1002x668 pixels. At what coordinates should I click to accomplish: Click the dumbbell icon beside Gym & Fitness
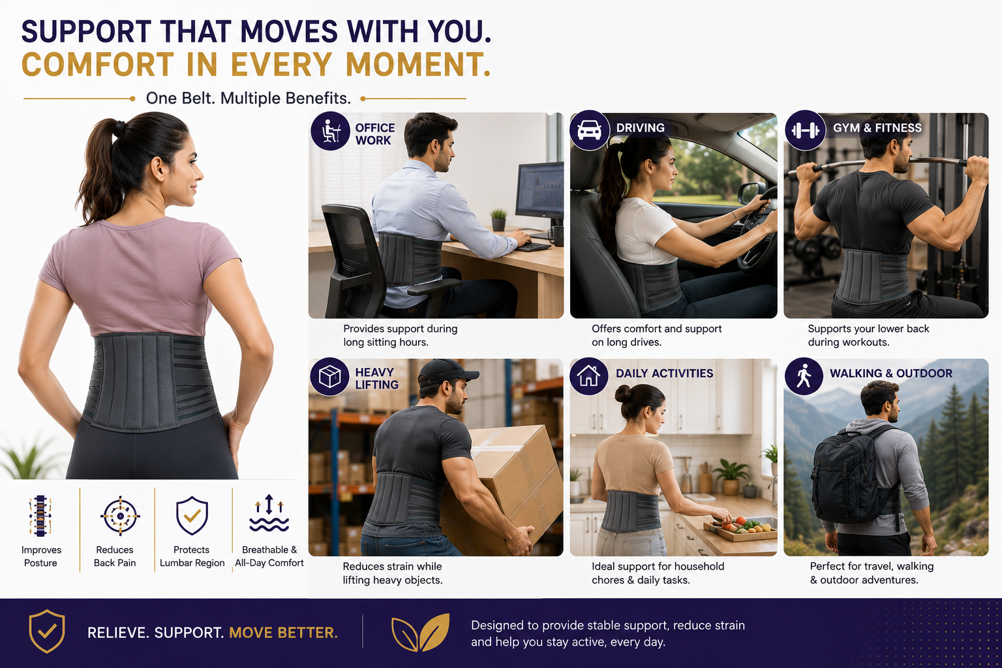805,130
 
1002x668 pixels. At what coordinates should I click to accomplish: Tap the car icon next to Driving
590,130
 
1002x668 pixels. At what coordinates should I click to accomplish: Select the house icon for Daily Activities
588,376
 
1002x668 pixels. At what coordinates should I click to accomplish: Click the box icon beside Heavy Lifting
329,376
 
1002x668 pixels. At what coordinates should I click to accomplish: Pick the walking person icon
804,376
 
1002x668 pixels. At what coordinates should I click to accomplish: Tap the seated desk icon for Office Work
330,130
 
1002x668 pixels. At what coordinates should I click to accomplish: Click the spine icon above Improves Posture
40,516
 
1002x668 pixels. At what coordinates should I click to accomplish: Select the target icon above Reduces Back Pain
120,516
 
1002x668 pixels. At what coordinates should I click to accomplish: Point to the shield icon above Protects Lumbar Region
192,515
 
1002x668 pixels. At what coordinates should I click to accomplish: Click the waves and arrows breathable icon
269,513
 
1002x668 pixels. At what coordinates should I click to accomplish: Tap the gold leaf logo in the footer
420,632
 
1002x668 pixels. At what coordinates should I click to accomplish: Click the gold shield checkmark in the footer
47,631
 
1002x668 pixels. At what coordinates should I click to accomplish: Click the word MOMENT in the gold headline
417,65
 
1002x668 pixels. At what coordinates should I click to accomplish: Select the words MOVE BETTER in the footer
283,633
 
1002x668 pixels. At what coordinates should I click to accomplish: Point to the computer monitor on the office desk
540,193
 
